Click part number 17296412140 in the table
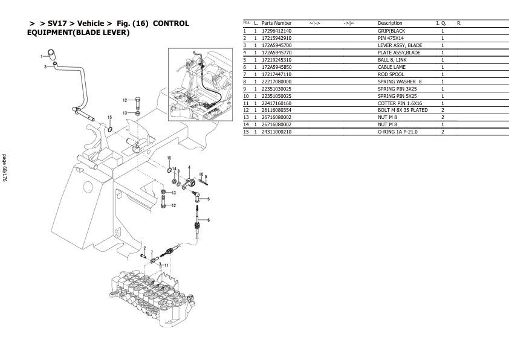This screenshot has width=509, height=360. (276, 30)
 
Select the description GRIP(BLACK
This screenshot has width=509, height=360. (391, 30)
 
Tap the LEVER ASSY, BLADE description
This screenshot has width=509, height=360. (400, 45)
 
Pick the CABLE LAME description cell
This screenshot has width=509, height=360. (391, 67)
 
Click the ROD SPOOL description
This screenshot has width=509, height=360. (391, 74)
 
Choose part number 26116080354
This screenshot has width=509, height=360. (276, 110)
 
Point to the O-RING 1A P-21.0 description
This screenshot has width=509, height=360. (397, 132)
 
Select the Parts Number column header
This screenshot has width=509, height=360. (276, 23)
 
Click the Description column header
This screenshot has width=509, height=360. (390, 23)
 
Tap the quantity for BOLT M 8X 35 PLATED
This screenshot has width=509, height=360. (443, 110)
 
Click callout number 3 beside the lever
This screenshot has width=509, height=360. (45, 67)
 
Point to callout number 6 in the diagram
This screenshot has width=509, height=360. (209, 220)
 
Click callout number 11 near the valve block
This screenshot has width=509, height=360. (166, 265)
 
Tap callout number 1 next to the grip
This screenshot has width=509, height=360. (42, 56)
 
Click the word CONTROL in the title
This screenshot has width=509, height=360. (171, 23)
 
